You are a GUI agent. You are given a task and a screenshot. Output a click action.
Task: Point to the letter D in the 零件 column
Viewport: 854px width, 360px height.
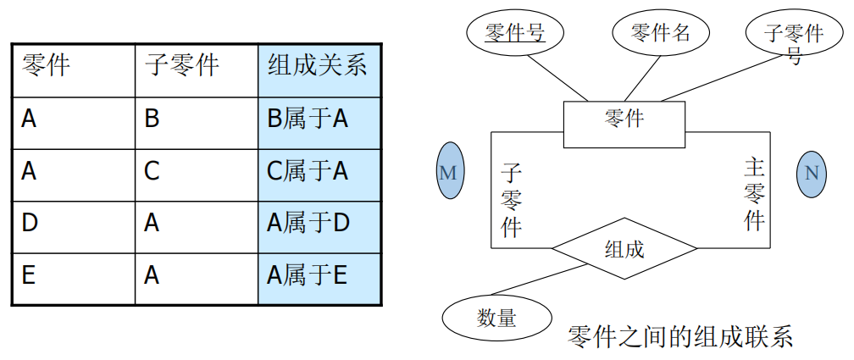click(30, 224)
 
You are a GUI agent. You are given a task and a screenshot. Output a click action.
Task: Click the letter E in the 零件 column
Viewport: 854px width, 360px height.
click(29, 275)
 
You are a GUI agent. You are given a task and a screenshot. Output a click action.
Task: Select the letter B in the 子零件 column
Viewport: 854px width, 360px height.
click(152, 119)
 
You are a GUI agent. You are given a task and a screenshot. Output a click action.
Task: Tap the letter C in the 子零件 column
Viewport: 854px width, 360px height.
click(152, 172)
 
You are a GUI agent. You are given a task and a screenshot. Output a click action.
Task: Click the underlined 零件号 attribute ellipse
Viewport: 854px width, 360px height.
click(514, 33)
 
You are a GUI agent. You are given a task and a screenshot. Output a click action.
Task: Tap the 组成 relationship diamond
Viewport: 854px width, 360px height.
click(624, 249)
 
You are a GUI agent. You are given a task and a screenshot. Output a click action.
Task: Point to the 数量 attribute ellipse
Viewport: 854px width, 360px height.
click(496, 318)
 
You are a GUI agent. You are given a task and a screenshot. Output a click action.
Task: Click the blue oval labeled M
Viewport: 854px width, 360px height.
click(448, 173)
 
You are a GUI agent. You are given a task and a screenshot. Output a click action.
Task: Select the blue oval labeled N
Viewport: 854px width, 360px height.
click(812, 173)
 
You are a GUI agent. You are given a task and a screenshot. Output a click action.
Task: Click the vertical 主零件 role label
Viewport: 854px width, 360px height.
click(754, 194)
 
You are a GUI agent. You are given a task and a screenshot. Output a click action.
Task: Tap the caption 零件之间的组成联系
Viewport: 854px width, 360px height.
click(680, 336)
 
